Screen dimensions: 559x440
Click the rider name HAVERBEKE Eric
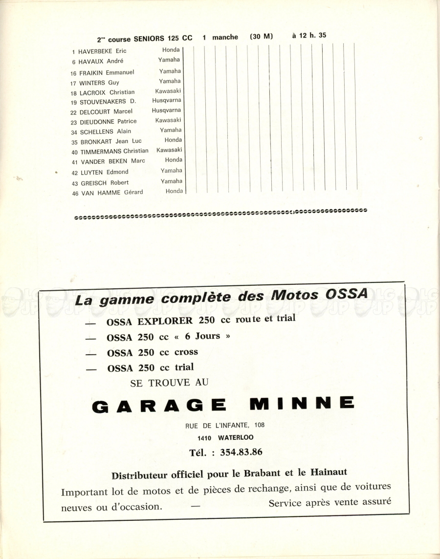(x=102, y=51)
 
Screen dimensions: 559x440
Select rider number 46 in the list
(x=74, y=193)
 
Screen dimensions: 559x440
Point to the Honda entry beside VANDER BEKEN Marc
(x=174, y=160)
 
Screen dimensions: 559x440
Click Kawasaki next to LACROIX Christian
(x=168, y=91)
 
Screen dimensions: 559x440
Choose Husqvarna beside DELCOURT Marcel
(x=166, y=110)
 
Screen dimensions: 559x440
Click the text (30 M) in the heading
(x=261, y=37)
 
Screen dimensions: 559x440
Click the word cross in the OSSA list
(x=186, y=352)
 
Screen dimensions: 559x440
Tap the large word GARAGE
(x=159, y=405)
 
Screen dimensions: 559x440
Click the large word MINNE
(x=302, y=403)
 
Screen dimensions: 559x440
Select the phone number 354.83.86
(x=241, y=452)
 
